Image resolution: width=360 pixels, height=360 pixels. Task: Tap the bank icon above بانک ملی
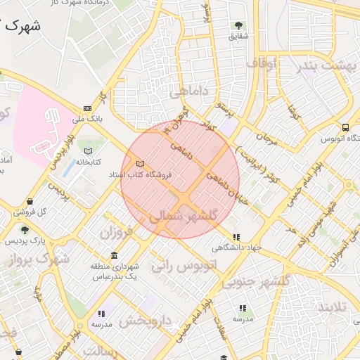pyautogui.click(x=87, y=108)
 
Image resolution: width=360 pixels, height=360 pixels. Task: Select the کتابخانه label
pyautogui.click(x=89, y=162)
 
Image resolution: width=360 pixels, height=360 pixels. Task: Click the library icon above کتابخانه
pyautogui.click(x=88, y=151)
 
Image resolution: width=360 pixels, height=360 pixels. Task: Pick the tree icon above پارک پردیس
pyautogui.click(x=25, y=230)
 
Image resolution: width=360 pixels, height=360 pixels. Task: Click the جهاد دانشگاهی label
pyautogui.click(x=237, y=247)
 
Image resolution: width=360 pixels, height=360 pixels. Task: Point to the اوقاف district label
pyautogui.click(x=262, y=64)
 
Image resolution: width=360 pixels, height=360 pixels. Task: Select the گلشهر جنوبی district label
pyautogui.click(x=257, y=281)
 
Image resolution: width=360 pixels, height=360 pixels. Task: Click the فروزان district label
pyautogui.click(x=115, y=231)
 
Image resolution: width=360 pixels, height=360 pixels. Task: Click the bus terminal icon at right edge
pyautogui.click(x=345, y=127)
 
